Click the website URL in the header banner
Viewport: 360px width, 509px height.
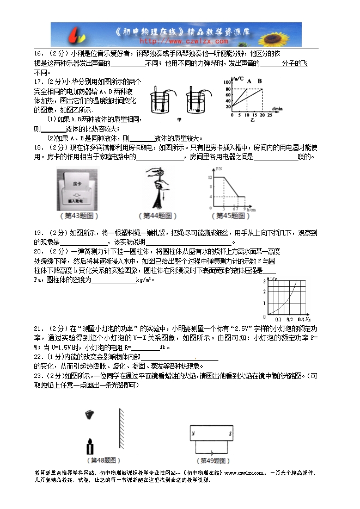tap(184, 41)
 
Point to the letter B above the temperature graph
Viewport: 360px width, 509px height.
tap(260, 82)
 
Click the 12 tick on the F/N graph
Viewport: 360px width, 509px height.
tap(208, 177)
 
